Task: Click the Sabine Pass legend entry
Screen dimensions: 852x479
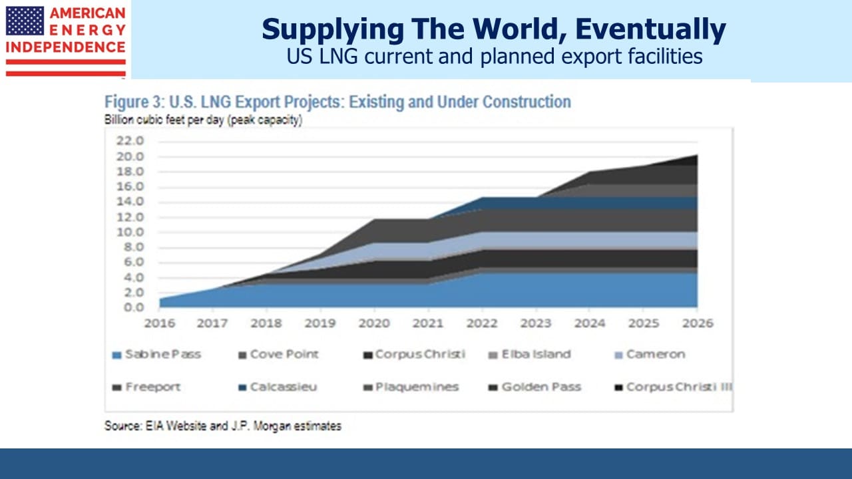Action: click(156, 355)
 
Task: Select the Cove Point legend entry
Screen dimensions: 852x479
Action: click(278, 355)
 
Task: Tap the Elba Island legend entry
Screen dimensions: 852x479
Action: click(529, 355)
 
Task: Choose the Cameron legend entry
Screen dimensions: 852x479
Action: click(650, 355)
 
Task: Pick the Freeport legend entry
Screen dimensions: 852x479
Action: click(146, 387)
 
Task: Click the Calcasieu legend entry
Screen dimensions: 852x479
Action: click(278, 387)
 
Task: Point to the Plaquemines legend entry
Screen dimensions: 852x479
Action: click(411, 387)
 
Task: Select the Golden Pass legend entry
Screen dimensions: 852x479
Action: click(534, 387)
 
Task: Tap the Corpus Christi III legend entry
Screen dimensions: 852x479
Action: click(673, 387)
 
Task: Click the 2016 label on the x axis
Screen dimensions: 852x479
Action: click(160, 323)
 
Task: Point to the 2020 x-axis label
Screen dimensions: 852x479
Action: click(374, 323)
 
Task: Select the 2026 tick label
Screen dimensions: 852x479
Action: click(698, 323)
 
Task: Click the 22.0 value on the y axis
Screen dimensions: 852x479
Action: click(130, 140)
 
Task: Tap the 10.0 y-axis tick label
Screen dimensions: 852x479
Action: click(130, 232)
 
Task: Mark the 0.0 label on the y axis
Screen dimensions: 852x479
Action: click(134, 307)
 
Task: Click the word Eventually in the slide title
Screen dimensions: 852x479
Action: click(650, 30)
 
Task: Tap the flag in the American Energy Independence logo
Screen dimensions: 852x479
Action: click(25, 21)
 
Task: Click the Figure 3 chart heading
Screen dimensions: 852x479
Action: click(337, 102)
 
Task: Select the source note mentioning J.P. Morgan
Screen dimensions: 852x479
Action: click(223, 426)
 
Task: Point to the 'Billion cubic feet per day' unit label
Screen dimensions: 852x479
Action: click(204, 120)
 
